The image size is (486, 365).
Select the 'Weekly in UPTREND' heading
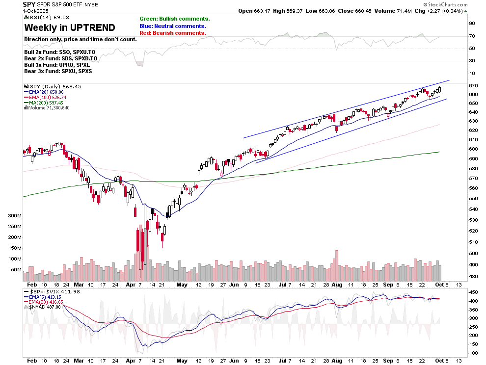click(x=70, y=27)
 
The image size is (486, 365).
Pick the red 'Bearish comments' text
click(x=172, y=33)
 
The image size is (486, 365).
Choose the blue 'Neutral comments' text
click(x=173, y=26)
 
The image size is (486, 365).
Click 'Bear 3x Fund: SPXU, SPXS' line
click(x=58, y=71)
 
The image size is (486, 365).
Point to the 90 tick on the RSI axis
click(x=472, y=23)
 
